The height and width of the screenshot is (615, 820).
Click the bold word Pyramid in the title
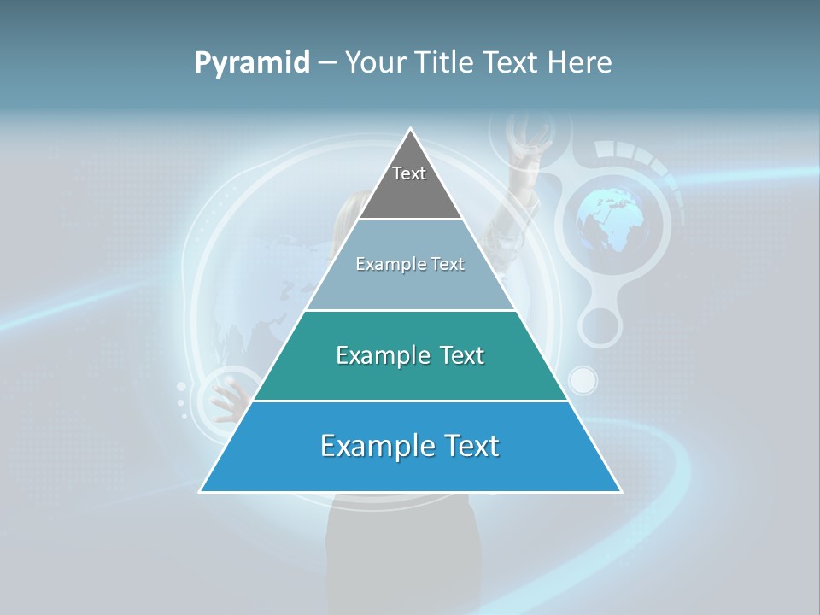pos(252,62)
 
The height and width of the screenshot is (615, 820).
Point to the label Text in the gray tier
pos(409,173)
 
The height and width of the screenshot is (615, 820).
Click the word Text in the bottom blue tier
pos(466,446)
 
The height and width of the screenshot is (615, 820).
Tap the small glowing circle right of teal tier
pos(583,379)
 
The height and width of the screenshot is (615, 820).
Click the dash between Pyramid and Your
pos(327,62)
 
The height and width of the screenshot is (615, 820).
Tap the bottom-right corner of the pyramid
pos(619,491)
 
